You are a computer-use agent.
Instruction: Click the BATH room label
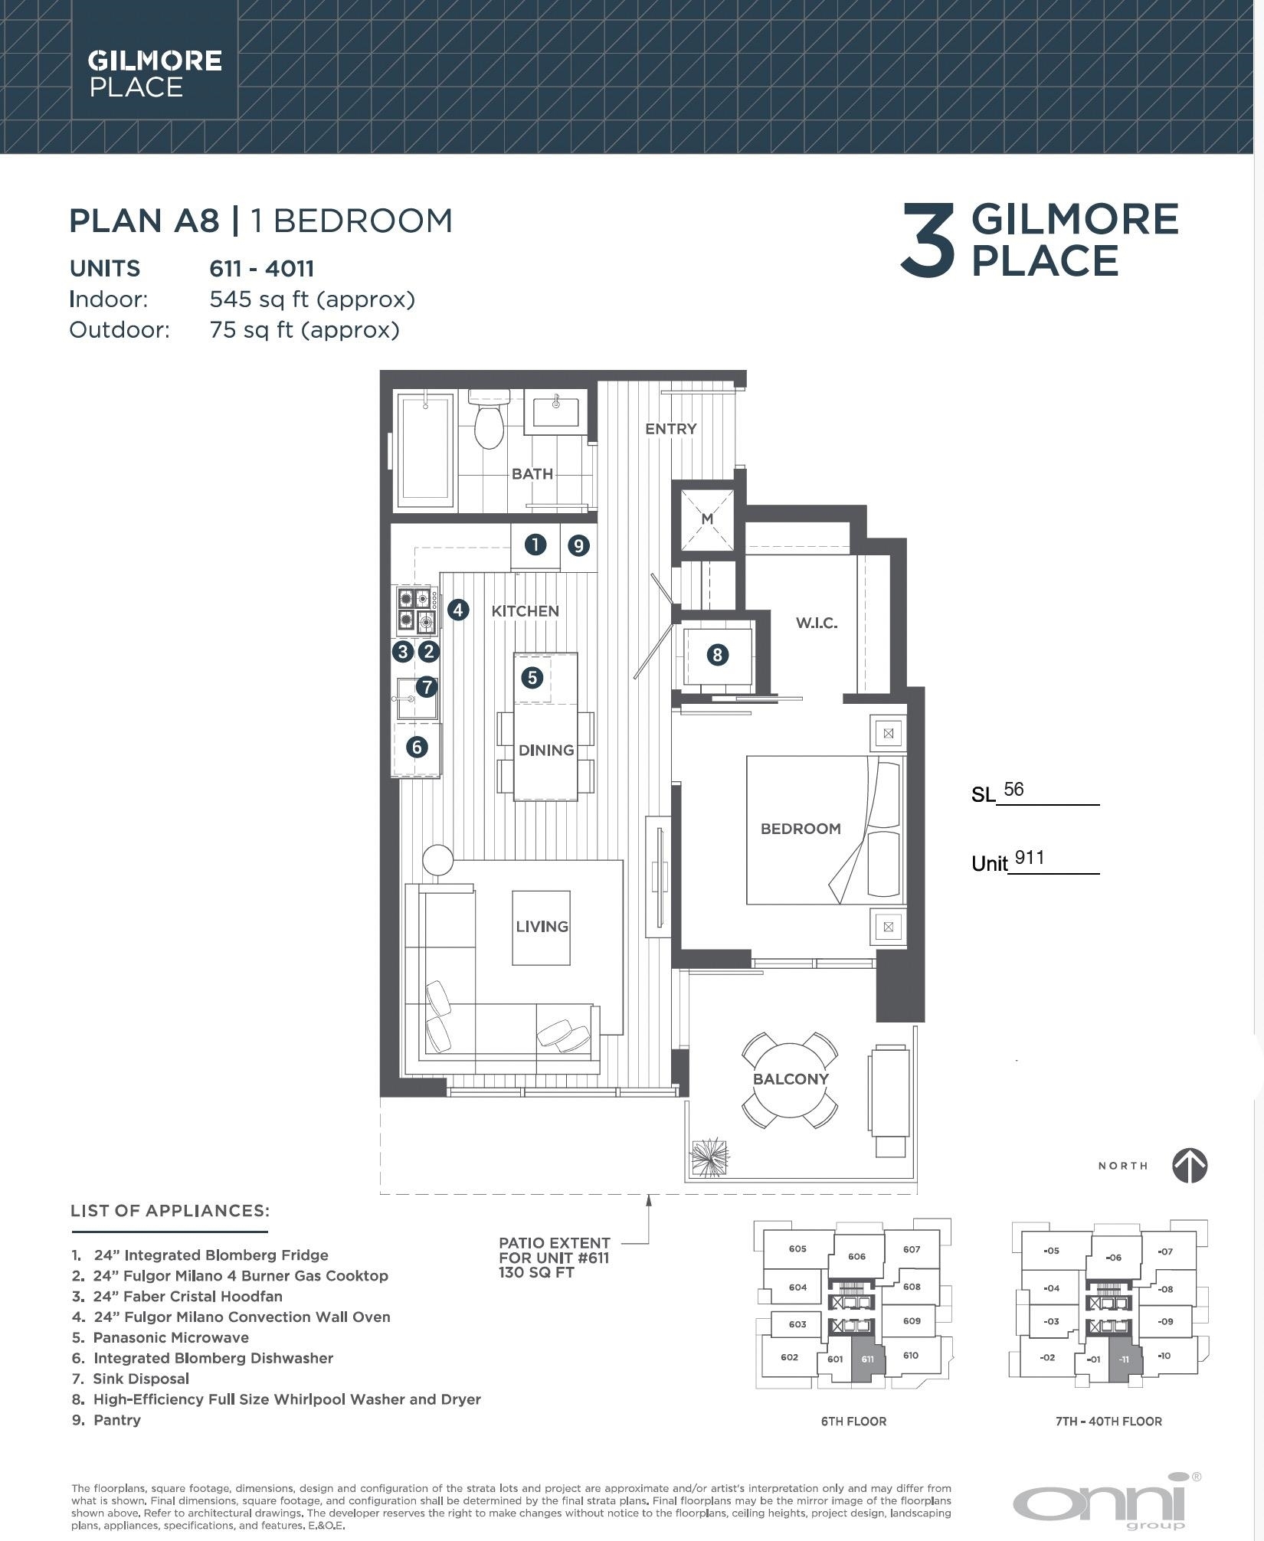point(532,474)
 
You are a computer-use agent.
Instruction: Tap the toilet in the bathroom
point(489,420)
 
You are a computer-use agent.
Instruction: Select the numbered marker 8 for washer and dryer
point(718,655)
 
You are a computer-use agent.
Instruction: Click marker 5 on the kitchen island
point(532,677)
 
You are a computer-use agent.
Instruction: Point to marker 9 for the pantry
point(578,545)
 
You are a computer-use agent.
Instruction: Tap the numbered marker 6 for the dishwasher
point(417,747)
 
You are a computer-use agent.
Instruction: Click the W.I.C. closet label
point(816,623)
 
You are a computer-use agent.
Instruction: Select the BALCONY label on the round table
point(791,1079)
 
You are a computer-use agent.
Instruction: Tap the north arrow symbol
point(1190,1166)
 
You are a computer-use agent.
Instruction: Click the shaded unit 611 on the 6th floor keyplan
point(866,1361)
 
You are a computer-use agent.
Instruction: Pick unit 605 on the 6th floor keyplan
point(797,1249)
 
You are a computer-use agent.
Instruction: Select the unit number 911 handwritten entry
point(1030,858)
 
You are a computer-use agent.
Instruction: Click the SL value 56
point(1013,790)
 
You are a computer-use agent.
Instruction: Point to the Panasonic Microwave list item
point(171,1338)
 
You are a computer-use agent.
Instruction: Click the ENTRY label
point(671,429)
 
